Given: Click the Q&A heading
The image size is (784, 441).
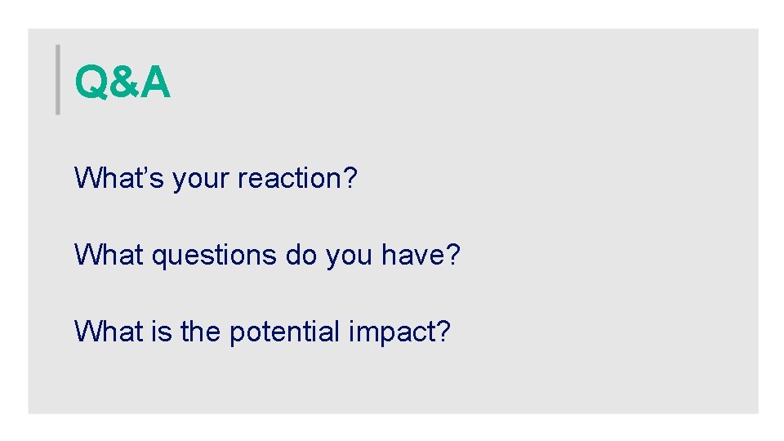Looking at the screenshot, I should tap(122, 82).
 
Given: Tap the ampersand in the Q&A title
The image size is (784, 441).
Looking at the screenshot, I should tap(122, 83).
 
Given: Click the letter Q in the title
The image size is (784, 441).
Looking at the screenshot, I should tap(90, 83).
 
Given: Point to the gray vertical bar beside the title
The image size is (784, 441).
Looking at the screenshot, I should tap(58, 79).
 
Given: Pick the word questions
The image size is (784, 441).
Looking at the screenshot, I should tap(215, 256).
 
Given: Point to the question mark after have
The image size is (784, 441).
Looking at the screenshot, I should tap(453, 255).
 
